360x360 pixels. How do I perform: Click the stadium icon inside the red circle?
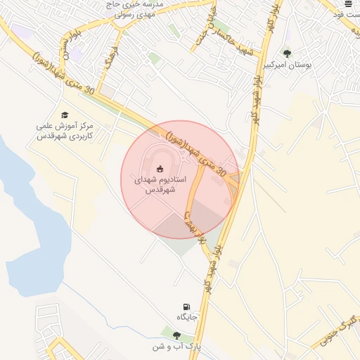click(x=160, y=168)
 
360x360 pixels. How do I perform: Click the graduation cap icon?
click(x=65, y=115)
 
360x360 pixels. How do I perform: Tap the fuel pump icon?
click(x=186, y=306)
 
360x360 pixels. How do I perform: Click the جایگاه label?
click(x=187, y=317)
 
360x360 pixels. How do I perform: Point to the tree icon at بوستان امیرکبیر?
click(x=286, y=53)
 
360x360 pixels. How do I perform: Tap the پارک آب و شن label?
click(x=177, y=347)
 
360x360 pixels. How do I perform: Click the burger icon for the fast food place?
click(x=348, y=4)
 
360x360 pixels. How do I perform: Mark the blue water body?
click(x=28, y=204)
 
